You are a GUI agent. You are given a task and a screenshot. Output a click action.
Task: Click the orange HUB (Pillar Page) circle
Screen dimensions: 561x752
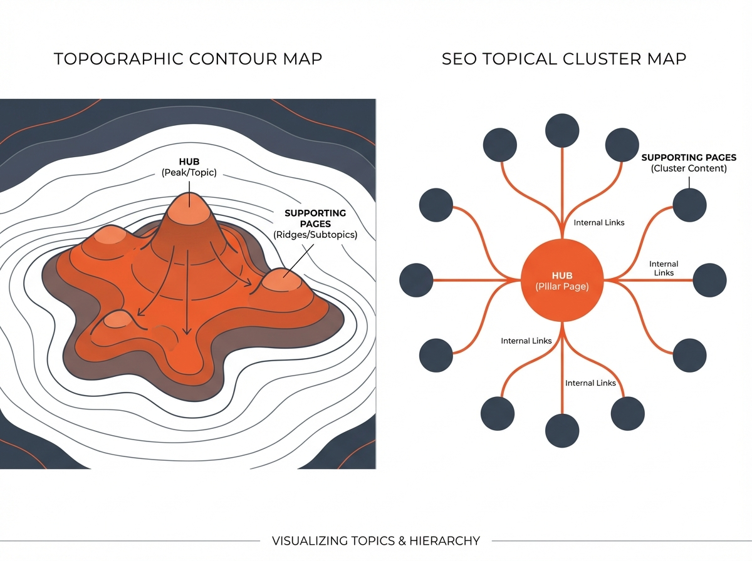point(562,280)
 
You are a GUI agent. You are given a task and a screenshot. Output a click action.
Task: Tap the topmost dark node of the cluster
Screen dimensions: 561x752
point(562,130)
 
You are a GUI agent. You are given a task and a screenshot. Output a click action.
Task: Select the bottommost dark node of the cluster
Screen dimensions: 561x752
point(562,431)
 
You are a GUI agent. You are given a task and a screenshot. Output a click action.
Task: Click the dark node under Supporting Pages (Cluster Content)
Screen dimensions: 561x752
point(689,205)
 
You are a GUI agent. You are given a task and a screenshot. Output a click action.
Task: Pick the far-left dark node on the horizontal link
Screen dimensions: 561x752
point(416,280)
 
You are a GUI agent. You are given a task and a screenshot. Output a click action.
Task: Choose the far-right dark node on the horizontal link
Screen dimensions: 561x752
point(709,280)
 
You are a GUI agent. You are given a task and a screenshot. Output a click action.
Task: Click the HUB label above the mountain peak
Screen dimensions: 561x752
point(188,162)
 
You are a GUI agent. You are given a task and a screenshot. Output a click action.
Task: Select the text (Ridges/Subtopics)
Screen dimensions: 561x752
point(315,235)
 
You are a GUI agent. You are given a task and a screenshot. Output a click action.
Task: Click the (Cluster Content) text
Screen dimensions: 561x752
point(689,168)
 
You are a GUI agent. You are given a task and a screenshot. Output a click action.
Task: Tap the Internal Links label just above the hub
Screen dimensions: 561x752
point(599,223)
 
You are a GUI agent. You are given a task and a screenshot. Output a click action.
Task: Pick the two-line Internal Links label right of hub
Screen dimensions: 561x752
point(664,269)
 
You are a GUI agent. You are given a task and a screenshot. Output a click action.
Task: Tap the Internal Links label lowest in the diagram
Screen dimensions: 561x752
point(590,383)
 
